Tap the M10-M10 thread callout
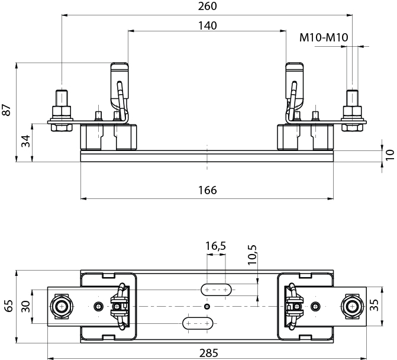(x=323, y=38)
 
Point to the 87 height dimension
(x=7, y=110)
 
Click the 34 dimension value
(x=24, y=142)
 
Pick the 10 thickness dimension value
(x=389, y=155)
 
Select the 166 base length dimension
(x=208, y=190)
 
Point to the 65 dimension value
(x=8, y=306)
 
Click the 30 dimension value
(x=25, y=306)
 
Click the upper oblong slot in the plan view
(x=217, y=290)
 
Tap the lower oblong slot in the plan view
(x=198, y=323)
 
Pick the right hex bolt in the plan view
(x=352, y=306)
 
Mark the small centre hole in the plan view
(x=206, y=306)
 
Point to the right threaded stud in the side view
(x=352, y=98)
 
